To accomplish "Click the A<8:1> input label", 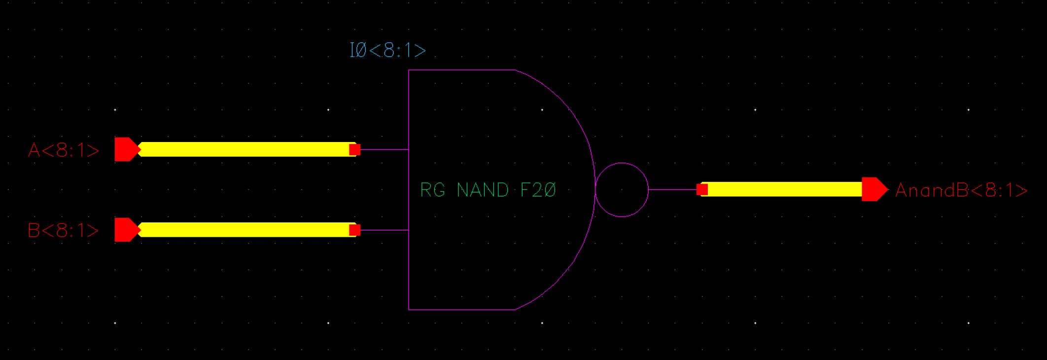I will click(x=64, y=150).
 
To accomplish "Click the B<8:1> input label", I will click(x=64, y=230).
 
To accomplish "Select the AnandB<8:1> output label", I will click(x=961, y=190).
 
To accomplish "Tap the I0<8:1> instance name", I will click(x=387, y=50).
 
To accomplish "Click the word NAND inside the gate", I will click(x=483, y=190).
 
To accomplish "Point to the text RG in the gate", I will click(x=432, y=190).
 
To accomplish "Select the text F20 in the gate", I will click(x=538, y=190).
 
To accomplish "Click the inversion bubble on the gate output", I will click(x=622, y=190).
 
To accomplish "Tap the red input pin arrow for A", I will click(x=126, y=149).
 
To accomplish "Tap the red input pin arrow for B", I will click(x=126, y=230).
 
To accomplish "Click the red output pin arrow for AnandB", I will click(x=874, y=189).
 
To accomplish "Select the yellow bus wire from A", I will click(x=246, y=149).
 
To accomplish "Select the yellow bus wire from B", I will click(x=246, y=230).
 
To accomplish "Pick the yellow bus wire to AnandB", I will click(x=784, y=189).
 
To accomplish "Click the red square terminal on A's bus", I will click(x=354, y=149).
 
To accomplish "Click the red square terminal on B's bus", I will click(x=354, y=230).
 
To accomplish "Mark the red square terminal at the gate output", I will click(x=702, y=189).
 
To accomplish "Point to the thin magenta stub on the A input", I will click(x=384, y=149).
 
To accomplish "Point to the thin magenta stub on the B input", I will click(x=384, y=230).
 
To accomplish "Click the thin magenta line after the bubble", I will click(x=672, y=189).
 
